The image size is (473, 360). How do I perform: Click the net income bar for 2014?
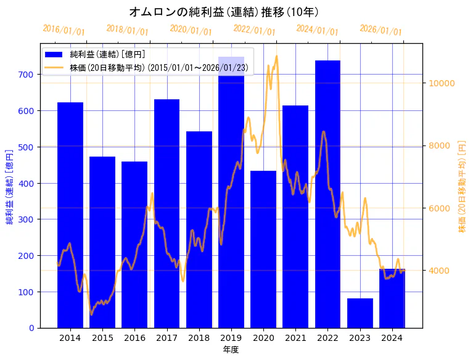70,215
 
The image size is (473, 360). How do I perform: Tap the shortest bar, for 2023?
360,313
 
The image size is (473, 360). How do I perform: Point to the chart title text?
224,12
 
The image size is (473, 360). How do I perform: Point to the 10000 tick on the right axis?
442,83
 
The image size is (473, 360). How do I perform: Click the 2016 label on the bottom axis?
134,338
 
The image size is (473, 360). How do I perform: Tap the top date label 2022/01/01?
254,30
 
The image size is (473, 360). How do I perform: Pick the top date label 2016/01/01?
64,30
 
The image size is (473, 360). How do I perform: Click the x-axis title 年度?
231,350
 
